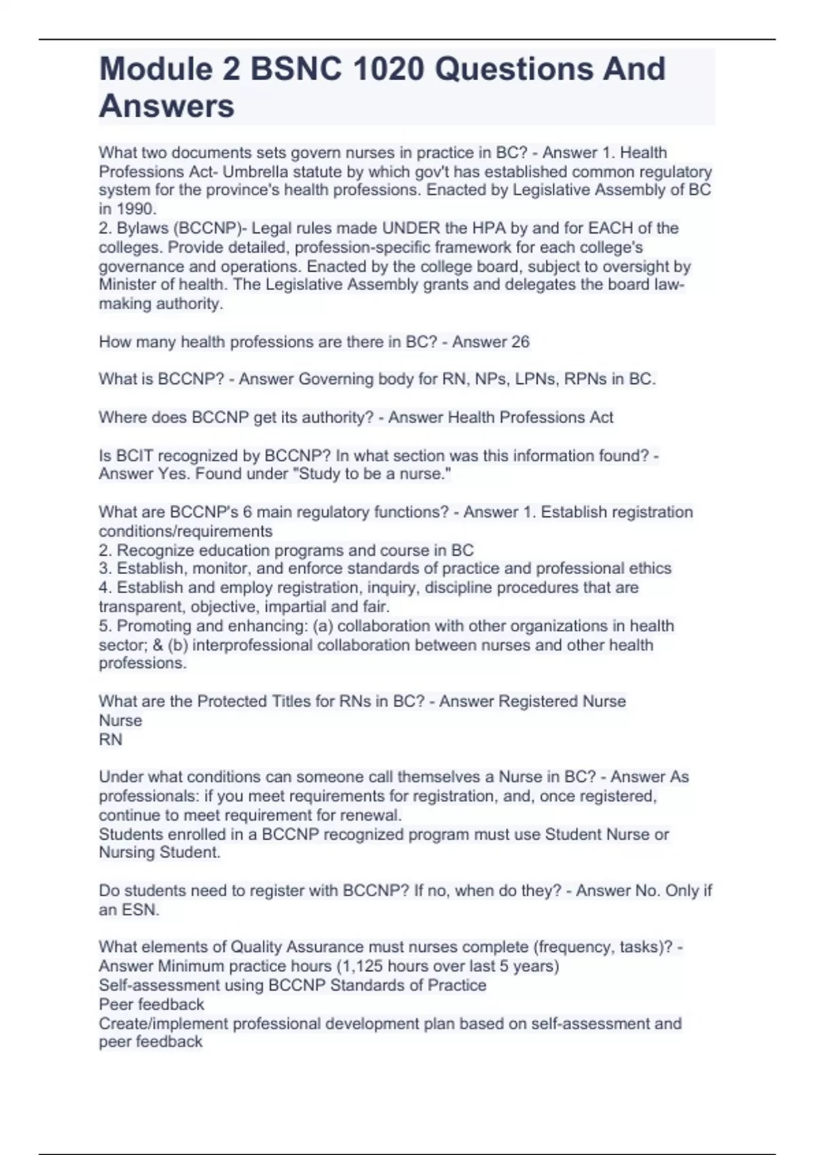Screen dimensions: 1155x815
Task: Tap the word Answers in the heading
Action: pyautogui.click(x=166, y=107)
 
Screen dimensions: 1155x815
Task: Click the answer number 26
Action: pyautogui.click(x=520, y=342)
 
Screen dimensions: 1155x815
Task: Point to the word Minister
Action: pyautogui.click(x=128, y=285)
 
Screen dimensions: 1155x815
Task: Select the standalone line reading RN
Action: pyautogui.click(x=111, y=739)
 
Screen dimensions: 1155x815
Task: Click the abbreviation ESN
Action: pyautogui.click(x=140, y=910)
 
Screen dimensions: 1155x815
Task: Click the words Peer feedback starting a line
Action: pyautogui.click(x=151, y=1004)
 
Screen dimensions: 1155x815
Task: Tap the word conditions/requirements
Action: pyautogui.click(x=185, y=531)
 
